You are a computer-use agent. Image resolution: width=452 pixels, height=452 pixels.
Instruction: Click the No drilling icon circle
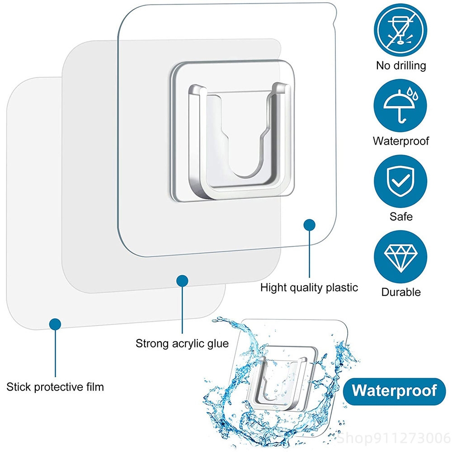[x=400, y=30]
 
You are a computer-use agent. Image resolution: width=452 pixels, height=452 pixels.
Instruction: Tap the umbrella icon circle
[x=400, y=106]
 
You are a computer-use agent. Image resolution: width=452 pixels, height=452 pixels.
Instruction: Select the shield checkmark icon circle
[x=400, y=181]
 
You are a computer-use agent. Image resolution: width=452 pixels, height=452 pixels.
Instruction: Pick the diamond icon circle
[x=400, y=257]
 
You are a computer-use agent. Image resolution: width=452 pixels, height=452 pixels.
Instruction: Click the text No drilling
[x=401, y=66]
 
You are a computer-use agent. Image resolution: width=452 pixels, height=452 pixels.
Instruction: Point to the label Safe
[x=401, y=217]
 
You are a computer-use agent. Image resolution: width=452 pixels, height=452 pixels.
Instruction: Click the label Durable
[x=401, y=292]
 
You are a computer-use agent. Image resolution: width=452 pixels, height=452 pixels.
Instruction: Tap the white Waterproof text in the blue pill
[x=394, y=391]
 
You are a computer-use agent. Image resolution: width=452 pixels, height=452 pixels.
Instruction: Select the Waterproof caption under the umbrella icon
[x=401, y=141]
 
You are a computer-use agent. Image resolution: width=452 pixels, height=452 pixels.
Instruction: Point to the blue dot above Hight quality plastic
[x=309, y=225]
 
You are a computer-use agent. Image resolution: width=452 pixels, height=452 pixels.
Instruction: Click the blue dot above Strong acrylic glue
[x=182, y=281]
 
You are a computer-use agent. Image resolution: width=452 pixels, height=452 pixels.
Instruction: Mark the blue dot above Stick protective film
[x=55, y=324]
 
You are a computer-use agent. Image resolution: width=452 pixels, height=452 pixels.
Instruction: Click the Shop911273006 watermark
[x=394, y=438]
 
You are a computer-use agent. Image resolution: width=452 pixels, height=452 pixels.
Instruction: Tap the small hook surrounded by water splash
[x=281, y=377]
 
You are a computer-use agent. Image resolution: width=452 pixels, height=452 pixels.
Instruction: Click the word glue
[x=218, y=344]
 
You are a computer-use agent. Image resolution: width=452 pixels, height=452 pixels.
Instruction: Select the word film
[x=95, y=386]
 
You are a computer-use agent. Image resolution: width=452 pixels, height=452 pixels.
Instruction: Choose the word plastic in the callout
[x=342, y=287]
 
